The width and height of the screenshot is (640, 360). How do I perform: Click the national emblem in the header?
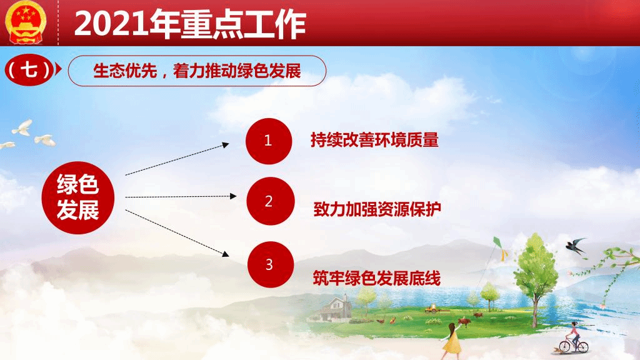[25, 22]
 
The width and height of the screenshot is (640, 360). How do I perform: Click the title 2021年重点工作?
[190, 24]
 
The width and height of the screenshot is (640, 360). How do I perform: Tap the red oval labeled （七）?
[29, 70]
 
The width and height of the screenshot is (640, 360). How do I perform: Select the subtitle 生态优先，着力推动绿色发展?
[197, 71]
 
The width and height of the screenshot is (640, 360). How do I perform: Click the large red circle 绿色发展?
[78, 197]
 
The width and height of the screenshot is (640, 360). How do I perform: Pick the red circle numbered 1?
[269, 141]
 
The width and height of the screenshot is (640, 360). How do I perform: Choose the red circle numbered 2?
[270, 201]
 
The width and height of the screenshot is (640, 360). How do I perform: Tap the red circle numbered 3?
[271, 264]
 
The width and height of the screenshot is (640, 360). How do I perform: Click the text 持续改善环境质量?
[374, 140]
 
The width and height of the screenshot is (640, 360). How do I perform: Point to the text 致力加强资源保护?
[377, 209]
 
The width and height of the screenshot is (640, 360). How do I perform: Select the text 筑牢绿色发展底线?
[377, 278]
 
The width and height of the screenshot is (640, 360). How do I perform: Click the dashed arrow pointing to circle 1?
[177, 159]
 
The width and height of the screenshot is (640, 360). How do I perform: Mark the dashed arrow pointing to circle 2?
[181, 197]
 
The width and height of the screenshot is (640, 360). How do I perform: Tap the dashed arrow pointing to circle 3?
[177, 233]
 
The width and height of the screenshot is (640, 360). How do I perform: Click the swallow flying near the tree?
[576, 246]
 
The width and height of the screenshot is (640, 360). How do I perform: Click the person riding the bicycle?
[574, 336]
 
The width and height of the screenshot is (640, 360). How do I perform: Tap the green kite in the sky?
[497, 243]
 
